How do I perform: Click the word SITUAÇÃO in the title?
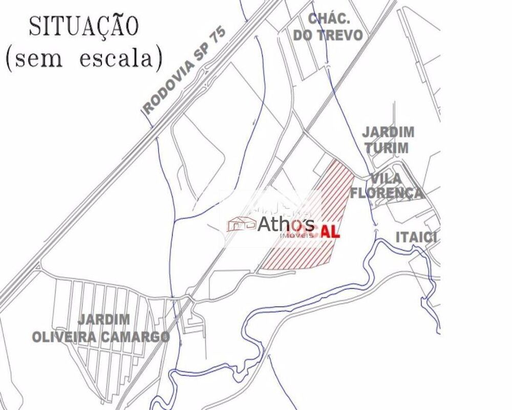coord(84,26)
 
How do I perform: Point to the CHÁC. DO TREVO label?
coord(335,27)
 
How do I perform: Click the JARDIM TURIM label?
coord(388,140)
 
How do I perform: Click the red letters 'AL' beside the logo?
coord(331,231)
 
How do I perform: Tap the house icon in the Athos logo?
coord(242,223)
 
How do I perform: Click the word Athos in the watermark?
coord(286,223)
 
